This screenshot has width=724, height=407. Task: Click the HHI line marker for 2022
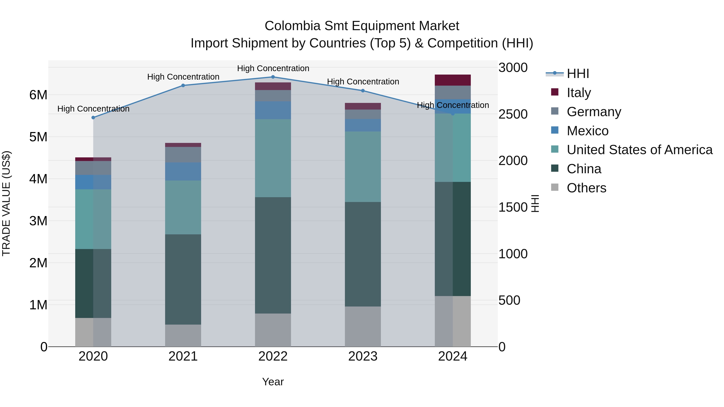tap(273, 77)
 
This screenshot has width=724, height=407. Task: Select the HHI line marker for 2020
tap(93, 118)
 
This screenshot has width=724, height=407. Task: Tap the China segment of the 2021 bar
tap(183, 280)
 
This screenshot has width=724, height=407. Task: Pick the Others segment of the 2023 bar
tap(363, 326)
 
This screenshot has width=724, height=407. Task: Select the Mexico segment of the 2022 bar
tap(273, 110)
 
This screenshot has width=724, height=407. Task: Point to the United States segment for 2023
tap(363, 167)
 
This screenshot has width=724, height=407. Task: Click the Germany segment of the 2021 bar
tap(183, 155)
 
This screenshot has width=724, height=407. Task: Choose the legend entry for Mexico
tap(587, 131)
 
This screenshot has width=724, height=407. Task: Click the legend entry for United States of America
tap(639, 150)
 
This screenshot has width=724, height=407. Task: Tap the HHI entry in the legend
tap(578, 74)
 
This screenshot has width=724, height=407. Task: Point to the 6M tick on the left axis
tap(38, 95)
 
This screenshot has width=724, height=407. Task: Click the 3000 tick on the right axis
tap(513, 68)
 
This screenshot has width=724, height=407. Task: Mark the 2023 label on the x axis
tap(363, 356)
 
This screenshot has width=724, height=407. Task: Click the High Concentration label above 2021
tap(183, 77)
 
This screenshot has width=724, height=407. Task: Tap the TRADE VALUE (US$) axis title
tap(6, 203)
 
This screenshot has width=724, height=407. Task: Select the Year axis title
tap(273, 382)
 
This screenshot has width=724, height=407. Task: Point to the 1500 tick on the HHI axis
tap(513, 207)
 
